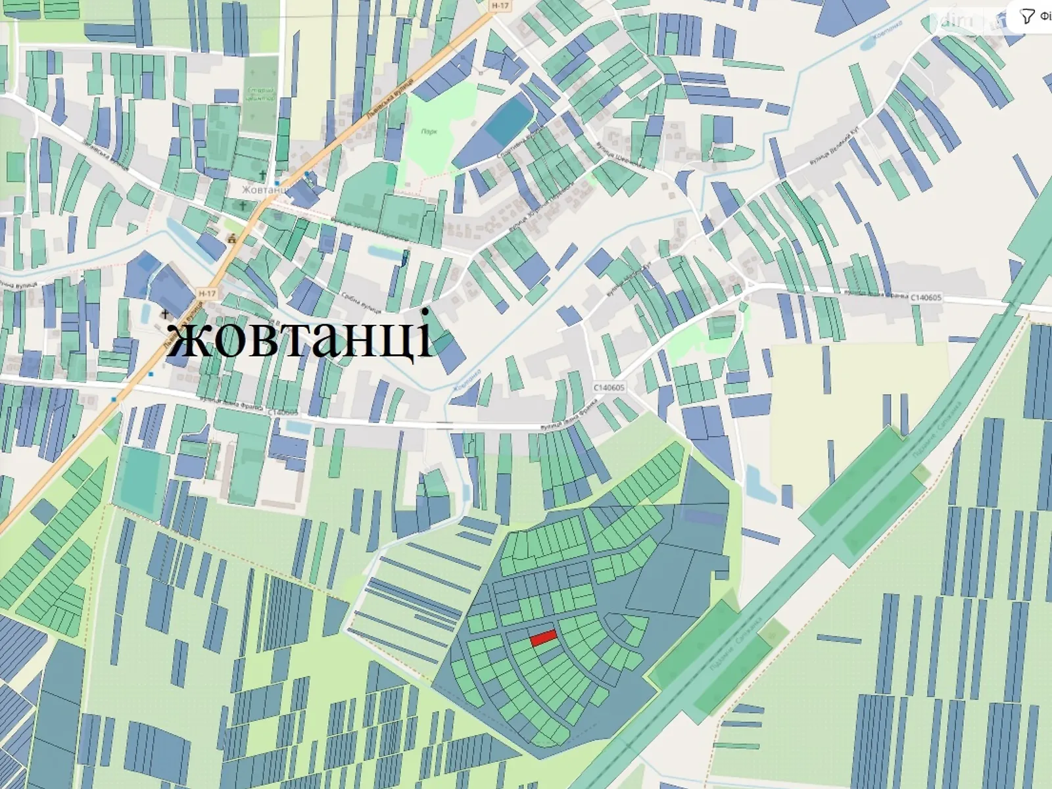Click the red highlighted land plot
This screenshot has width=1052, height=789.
(544, 637)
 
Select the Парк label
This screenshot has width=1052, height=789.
(429, 131)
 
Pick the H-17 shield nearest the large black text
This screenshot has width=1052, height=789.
(206, 293)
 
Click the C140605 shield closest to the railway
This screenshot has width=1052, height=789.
(926, 298)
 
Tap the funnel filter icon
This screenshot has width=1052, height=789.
(1026, 16)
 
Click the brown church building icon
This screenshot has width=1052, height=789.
(231, 239)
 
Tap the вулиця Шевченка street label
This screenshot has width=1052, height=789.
(621, 155)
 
